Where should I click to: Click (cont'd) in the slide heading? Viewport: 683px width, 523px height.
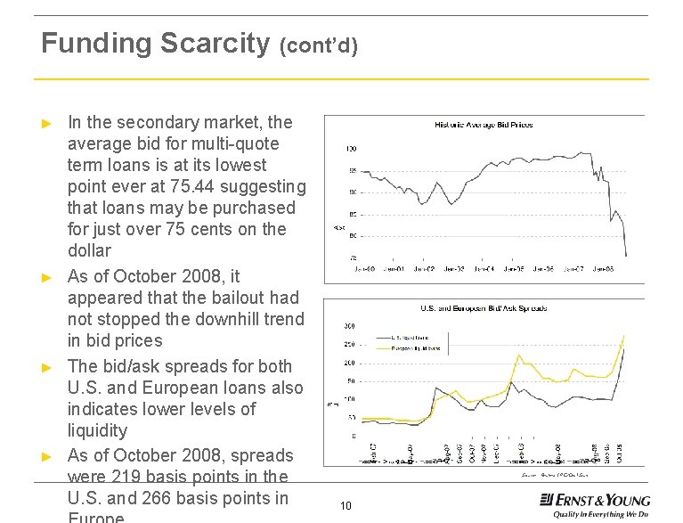coord(318,45)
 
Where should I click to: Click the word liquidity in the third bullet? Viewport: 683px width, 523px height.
coord(97,430)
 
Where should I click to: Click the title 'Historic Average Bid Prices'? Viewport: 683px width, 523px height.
coord(484,125)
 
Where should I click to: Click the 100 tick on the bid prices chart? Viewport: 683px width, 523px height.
coord(351,148)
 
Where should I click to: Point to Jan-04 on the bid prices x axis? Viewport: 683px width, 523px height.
coord(484,267)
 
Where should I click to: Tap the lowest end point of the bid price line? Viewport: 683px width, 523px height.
coord(626,256)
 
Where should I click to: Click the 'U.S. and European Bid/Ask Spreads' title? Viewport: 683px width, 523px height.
coord(484,308)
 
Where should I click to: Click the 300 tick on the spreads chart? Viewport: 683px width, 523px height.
coord(350,326)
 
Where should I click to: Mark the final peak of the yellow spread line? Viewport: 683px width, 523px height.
coord(623,336)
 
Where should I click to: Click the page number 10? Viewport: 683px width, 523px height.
coord(346,506)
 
